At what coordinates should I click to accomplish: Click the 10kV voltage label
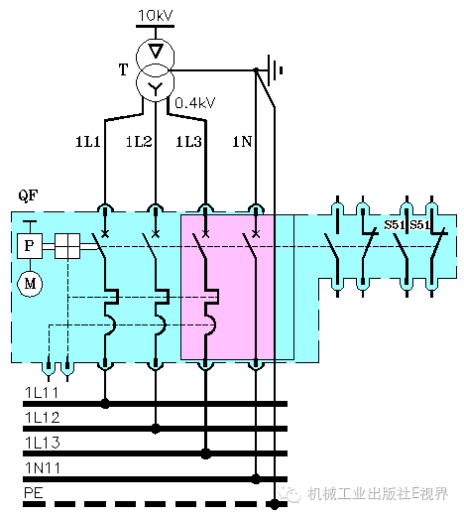point(155,16)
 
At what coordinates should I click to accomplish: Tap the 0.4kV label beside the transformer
point(195,103)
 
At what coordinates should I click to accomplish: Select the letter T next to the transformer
point(123,69)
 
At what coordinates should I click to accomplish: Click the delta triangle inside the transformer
point(156,51)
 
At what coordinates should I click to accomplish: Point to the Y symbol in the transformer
point(155,88)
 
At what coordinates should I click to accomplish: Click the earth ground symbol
point(275,70)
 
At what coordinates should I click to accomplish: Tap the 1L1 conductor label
point(88,142)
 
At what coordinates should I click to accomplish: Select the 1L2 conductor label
point(139,142)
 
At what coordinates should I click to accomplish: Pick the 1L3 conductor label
point(188,142)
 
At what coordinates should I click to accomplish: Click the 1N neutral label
point(242,142)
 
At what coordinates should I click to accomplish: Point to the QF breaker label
point(28,195)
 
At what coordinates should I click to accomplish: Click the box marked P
point(30,246)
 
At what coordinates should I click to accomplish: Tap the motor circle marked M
point(30,284)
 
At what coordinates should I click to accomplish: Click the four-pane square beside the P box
point(67,246)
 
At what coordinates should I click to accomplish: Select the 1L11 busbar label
point(42,393)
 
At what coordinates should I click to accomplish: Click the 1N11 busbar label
point(43,468)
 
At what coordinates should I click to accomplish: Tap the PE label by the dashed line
point(34,493)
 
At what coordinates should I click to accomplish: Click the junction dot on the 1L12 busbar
point(156,429)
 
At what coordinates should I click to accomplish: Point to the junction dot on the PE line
point(275,504)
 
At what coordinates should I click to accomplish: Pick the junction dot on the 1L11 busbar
point(105,404)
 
